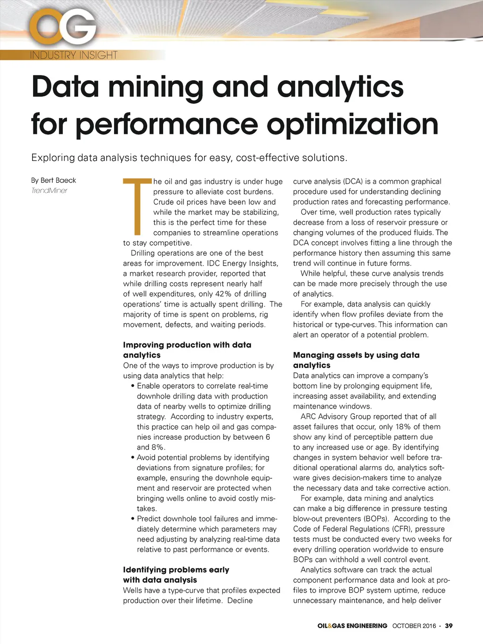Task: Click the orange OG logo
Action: click(x=63, y=28)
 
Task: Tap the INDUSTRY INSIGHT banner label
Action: click(x=74, y=55)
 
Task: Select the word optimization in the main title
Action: click(x=352, y=124)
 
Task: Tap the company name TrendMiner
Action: click(x=50, y=191)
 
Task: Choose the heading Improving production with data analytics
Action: click(x=187, y=350)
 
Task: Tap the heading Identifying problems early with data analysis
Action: click(x=176, y=575)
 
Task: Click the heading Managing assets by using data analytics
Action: click(x=356, y=360)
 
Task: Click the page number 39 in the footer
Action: click(x=449, y=626)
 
